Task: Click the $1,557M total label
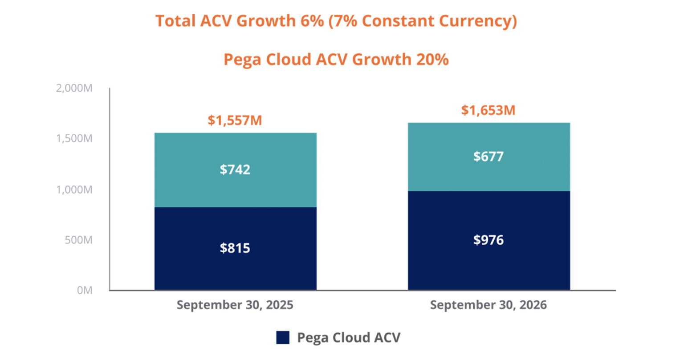[235, 120]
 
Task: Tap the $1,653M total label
[488, 110]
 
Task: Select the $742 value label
[235, 170]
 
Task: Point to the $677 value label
[488, 157]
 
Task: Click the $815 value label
[235, 248]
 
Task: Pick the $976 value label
[488, 240]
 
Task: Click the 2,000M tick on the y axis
[74, 88]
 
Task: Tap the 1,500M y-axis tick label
[74, 138]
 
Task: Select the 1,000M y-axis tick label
[74, 190]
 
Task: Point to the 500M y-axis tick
[78, 240]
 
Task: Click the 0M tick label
[85, 290]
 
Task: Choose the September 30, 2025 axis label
[235, 305]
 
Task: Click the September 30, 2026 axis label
[488, 305]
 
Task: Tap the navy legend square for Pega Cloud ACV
[283, 337]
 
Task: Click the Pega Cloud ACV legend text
[349, 338]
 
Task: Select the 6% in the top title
[312, 21]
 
